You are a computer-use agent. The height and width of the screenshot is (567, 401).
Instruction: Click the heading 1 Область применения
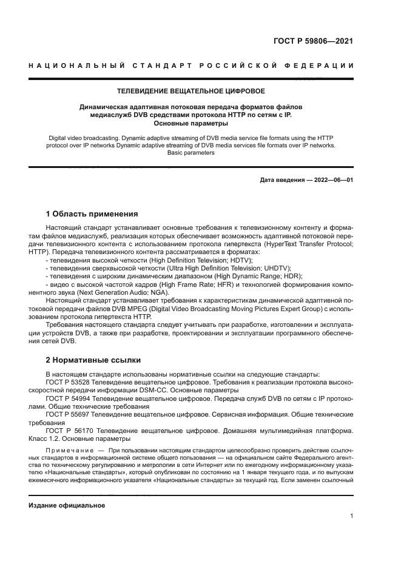[92, 214]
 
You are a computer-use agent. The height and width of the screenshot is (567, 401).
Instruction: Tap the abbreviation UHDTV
[278, 267]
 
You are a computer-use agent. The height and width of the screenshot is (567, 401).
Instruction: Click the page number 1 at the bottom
[352, 516]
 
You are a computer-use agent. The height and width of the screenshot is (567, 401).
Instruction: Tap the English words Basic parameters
[191, 153]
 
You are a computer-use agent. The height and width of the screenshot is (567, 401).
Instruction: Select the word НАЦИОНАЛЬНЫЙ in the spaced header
[72, 65]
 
